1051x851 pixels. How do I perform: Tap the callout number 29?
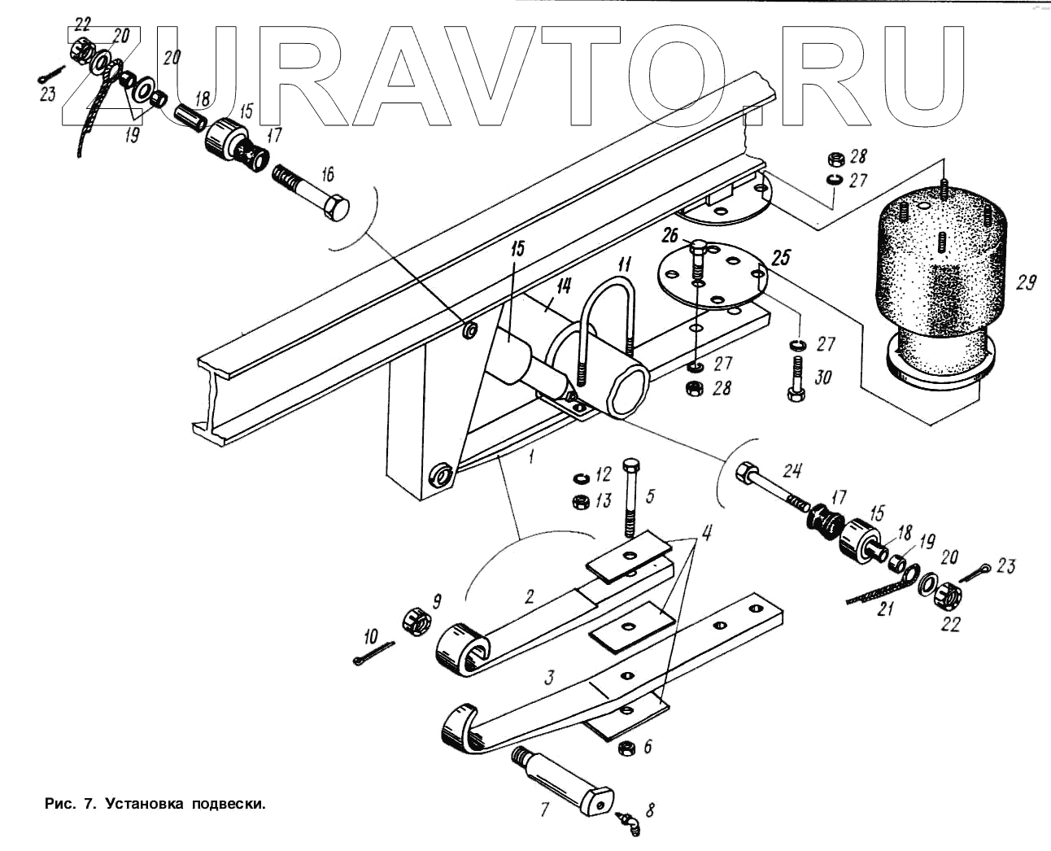tap(1026, 283)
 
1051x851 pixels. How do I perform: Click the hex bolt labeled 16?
tap(316, 197)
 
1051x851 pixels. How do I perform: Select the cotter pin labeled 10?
tap(373, 656)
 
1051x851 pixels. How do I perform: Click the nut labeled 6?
tap(627, 746)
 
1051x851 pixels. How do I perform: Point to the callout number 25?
tap(780, 259)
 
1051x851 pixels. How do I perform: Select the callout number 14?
tap(564, 287)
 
